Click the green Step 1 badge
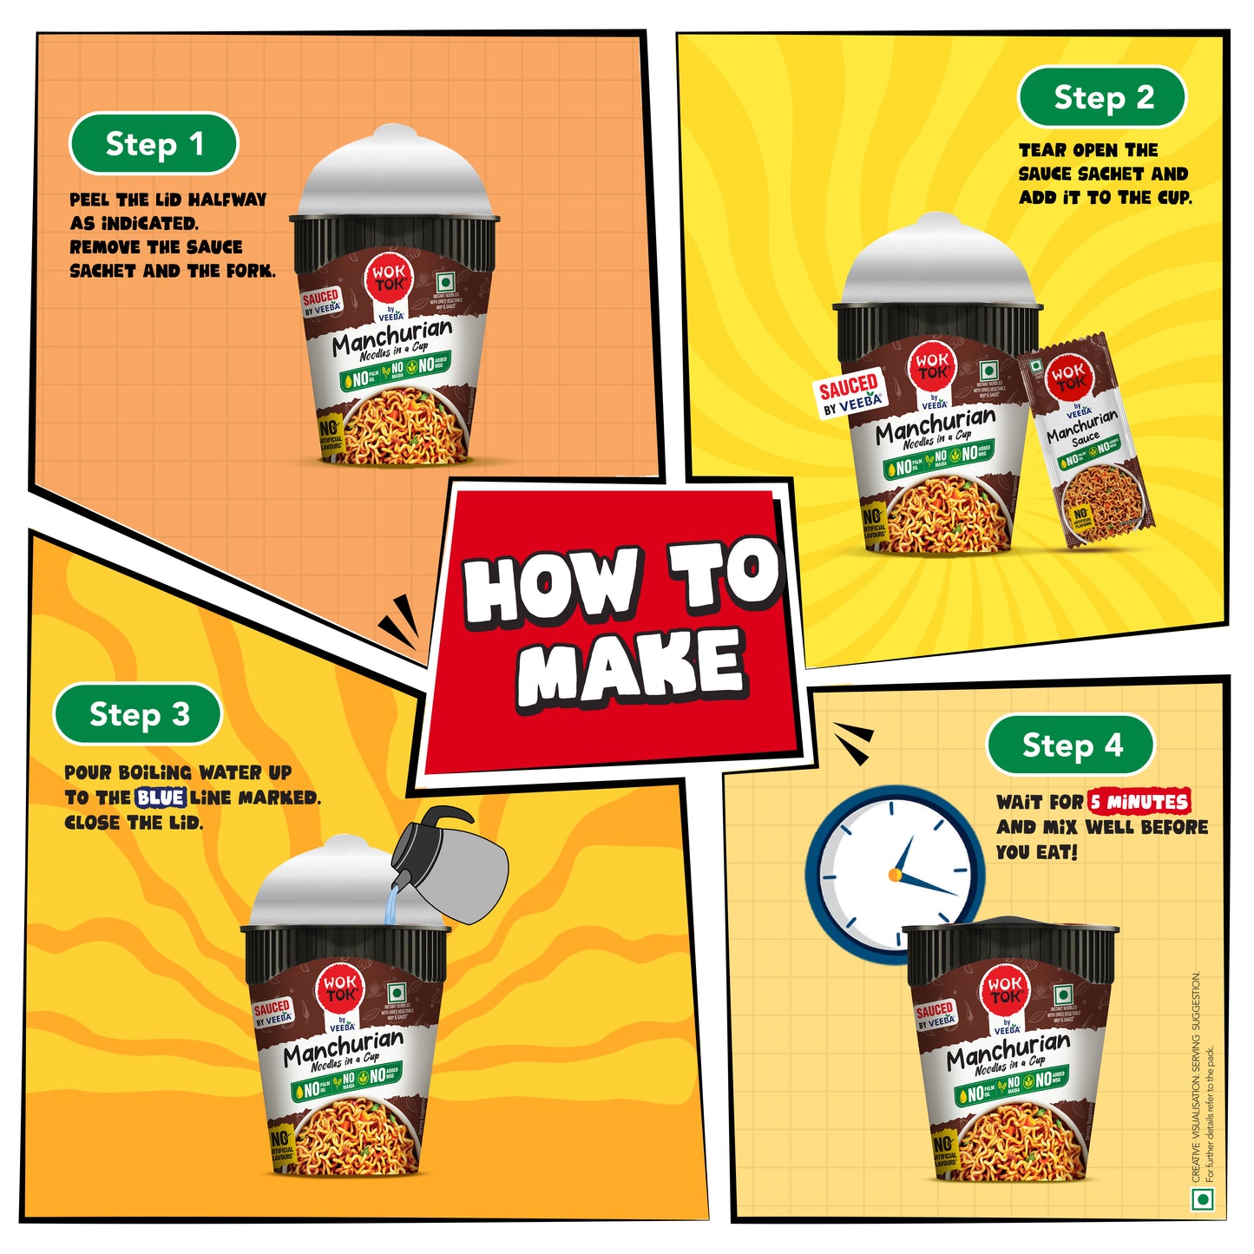click(154, 144)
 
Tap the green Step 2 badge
click(1101, 97)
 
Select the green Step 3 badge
click(138, 714)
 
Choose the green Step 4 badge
click(1071, 745)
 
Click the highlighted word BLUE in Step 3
click(161, 798)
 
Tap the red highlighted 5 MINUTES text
click(1139, 802)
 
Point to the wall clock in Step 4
click(894, 872)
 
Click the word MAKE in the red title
click(631, 667)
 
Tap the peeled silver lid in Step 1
click(394, 174)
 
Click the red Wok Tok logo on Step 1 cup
click(389, 277)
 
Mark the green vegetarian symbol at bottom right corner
click(1203, 1198)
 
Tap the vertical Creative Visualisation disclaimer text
click(1203, 1076)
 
